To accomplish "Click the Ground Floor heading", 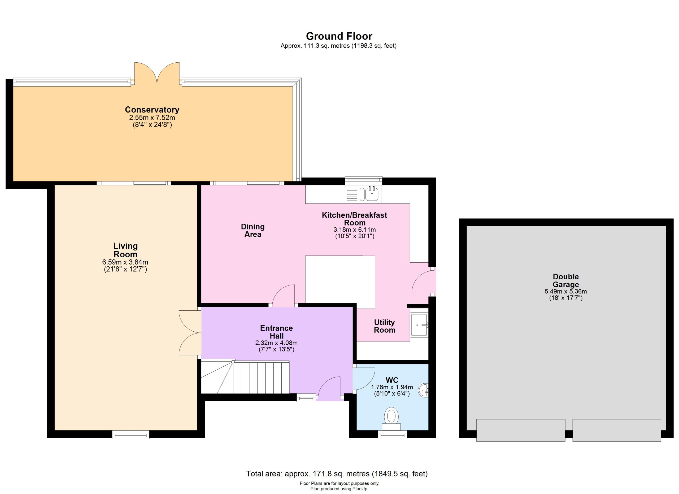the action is tap(339, 36).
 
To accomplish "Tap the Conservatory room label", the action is tap(152, 110).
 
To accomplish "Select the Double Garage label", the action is tap(565, 280).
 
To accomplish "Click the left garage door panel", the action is tap(521, 430).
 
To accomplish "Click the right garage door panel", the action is tap(617, 430).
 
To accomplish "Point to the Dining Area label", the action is tap(253, 231).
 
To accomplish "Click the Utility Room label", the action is tap(385, 326).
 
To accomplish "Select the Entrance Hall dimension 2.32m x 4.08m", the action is tap(276, 343).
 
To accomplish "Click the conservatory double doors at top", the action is tap(157, 74).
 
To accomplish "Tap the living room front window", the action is tap(130, 434).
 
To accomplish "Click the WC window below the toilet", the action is tap(392, 434).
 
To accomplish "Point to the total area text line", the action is tap(337, 474).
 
